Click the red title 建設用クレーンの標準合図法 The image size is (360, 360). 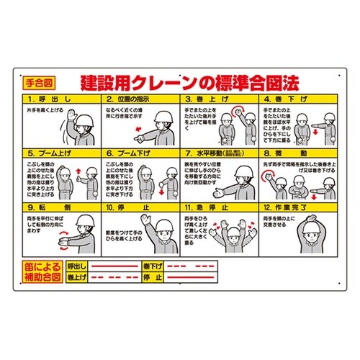(x=191, y=81)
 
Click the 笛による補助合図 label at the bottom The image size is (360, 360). (x=41, y=271)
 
